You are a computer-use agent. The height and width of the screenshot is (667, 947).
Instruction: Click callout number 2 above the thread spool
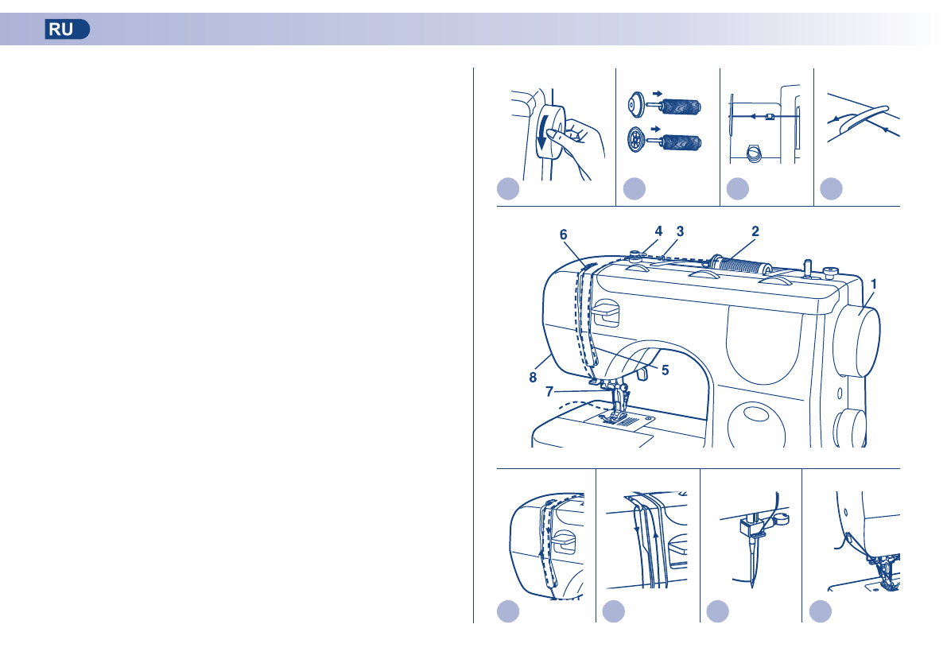755,231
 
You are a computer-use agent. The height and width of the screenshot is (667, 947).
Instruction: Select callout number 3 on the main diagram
680,231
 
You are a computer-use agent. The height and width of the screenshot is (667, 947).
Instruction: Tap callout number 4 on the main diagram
658,231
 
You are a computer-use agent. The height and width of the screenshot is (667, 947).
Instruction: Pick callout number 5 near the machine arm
665,369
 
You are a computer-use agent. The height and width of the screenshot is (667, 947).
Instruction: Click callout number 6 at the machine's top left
563,235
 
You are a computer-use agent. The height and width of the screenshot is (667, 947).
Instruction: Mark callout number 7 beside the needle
549,392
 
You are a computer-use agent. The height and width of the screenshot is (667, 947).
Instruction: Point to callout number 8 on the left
534,378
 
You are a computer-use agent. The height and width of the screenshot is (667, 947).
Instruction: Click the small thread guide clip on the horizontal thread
769,117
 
